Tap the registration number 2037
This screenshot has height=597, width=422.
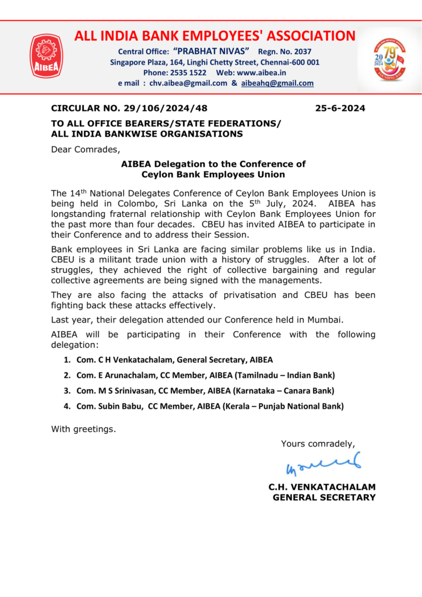coord(302,51)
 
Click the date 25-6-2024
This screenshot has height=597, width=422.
coord(340,108)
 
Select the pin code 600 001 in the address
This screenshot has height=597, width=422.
coord(305,62)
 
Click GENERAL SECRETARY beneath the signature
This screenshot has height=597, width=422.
coord(324,497)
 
